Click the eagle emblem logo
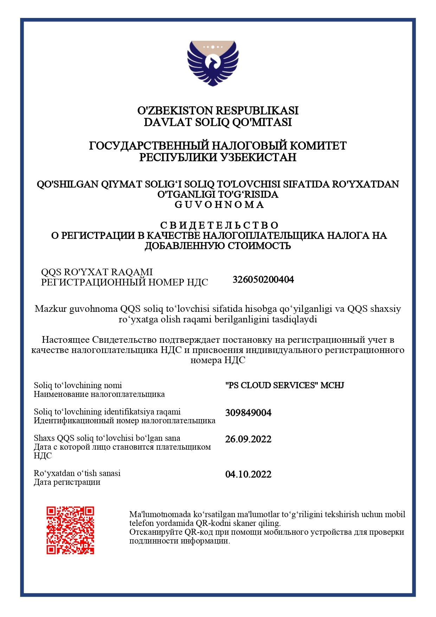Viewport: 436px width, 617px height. [x=213, y=63]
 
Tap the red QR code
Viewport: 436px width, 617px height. [x=70, y=530]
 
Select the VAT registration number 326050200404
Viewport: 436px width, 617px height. [x=263, y=279]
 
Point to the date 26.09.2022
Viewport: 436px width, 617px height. [x=248, y=439]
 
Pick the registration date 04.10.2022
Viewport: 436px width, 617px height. [x=248, y=474]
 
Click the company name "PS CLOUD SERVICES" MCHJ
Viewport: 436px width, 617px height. [x=284, y=385]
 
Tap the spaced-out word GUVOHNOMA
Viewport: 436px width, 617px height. [x=219, y=205]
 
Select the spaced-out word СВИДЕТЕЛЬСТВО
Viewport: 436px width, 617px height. [x=219, y=225]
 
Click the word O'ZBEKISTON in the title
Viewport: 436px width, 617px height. [x=175, y=111]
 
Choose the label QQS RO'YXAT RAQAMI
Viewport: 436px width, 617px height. [x=97, y=272]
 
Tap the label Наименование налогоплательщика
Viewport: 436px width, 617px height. [x=99, y=394]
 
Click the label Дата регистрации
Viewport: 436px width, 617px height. [x=67, y=482]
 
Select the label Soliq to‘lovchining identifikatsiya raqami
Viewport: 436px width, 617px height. [x=107, y=412]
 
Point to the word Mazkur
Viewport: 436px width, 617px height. [x=51, y=309]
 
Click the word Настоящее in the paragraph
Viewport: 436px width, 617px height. [x=65, y=340]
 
